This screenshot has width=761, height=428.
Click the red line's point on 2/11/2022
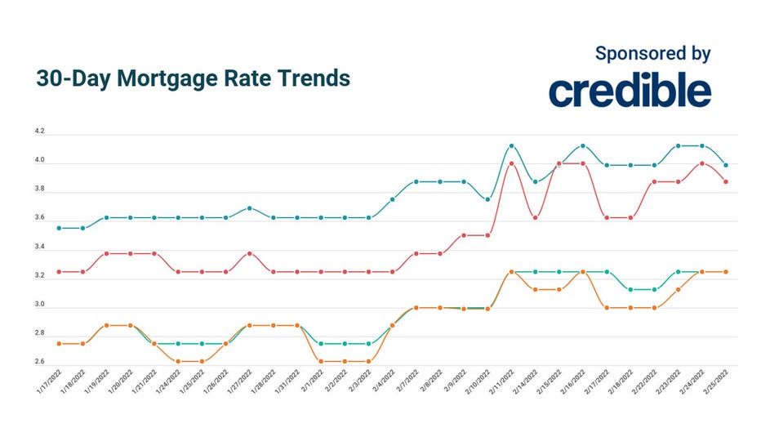click(511, 163)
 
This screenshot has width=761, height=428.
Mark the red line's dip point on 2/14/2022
click(535, 217)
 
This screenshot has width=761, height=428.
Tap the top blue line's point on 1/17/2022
click(59, 228)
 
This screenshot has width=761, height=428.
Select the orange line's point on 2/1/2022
click(321, 361)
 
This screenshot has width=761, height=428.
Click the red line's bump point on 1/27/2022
click(250, 253)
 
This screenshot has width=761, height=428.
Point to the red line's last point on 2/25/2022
click(726, 181)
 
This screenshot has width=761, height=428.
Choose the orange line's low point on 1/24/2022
click(178, 361)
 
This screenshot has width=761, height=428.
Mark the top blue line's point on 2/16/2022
click(583, 145)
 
